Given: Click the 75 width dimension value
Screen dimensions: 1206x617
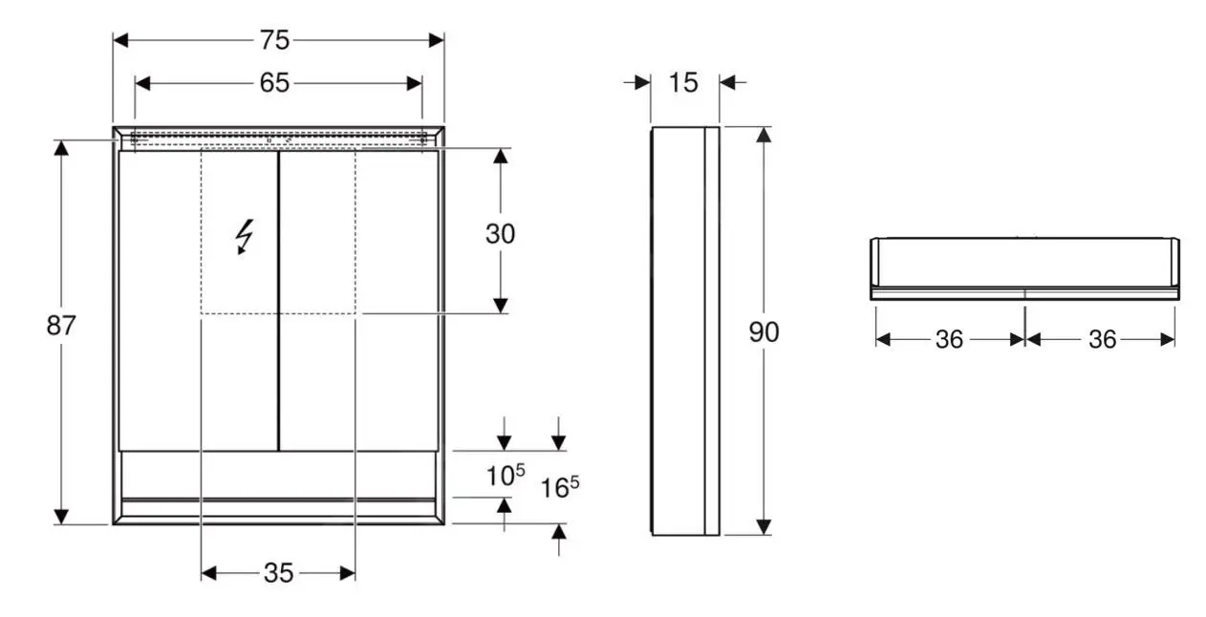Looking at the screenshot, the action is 274,40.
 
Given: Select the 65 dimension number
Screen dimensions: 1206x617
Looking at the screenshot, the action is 274,83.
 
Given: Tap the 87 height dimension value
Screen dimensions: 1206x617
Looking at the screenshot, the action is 61,326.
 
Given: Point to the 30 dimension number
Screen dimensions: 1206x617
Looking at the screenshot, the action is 500,234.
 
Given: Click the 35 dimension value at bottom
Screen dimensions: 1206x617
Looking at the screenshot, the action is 278,573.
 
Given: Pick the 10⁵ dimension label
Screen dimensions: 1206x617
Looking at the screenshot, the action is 505,475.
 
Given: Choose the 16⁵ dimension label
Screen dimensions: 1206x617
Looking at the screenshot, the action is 560,487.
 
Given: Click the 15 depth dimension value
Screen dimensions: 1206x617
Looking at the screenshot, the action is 683,83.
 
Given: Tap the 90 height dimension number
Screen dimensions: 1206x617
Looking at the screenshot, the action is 764,331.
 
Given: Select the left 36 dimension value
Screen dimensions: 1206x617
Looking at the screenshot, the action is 949,339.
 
